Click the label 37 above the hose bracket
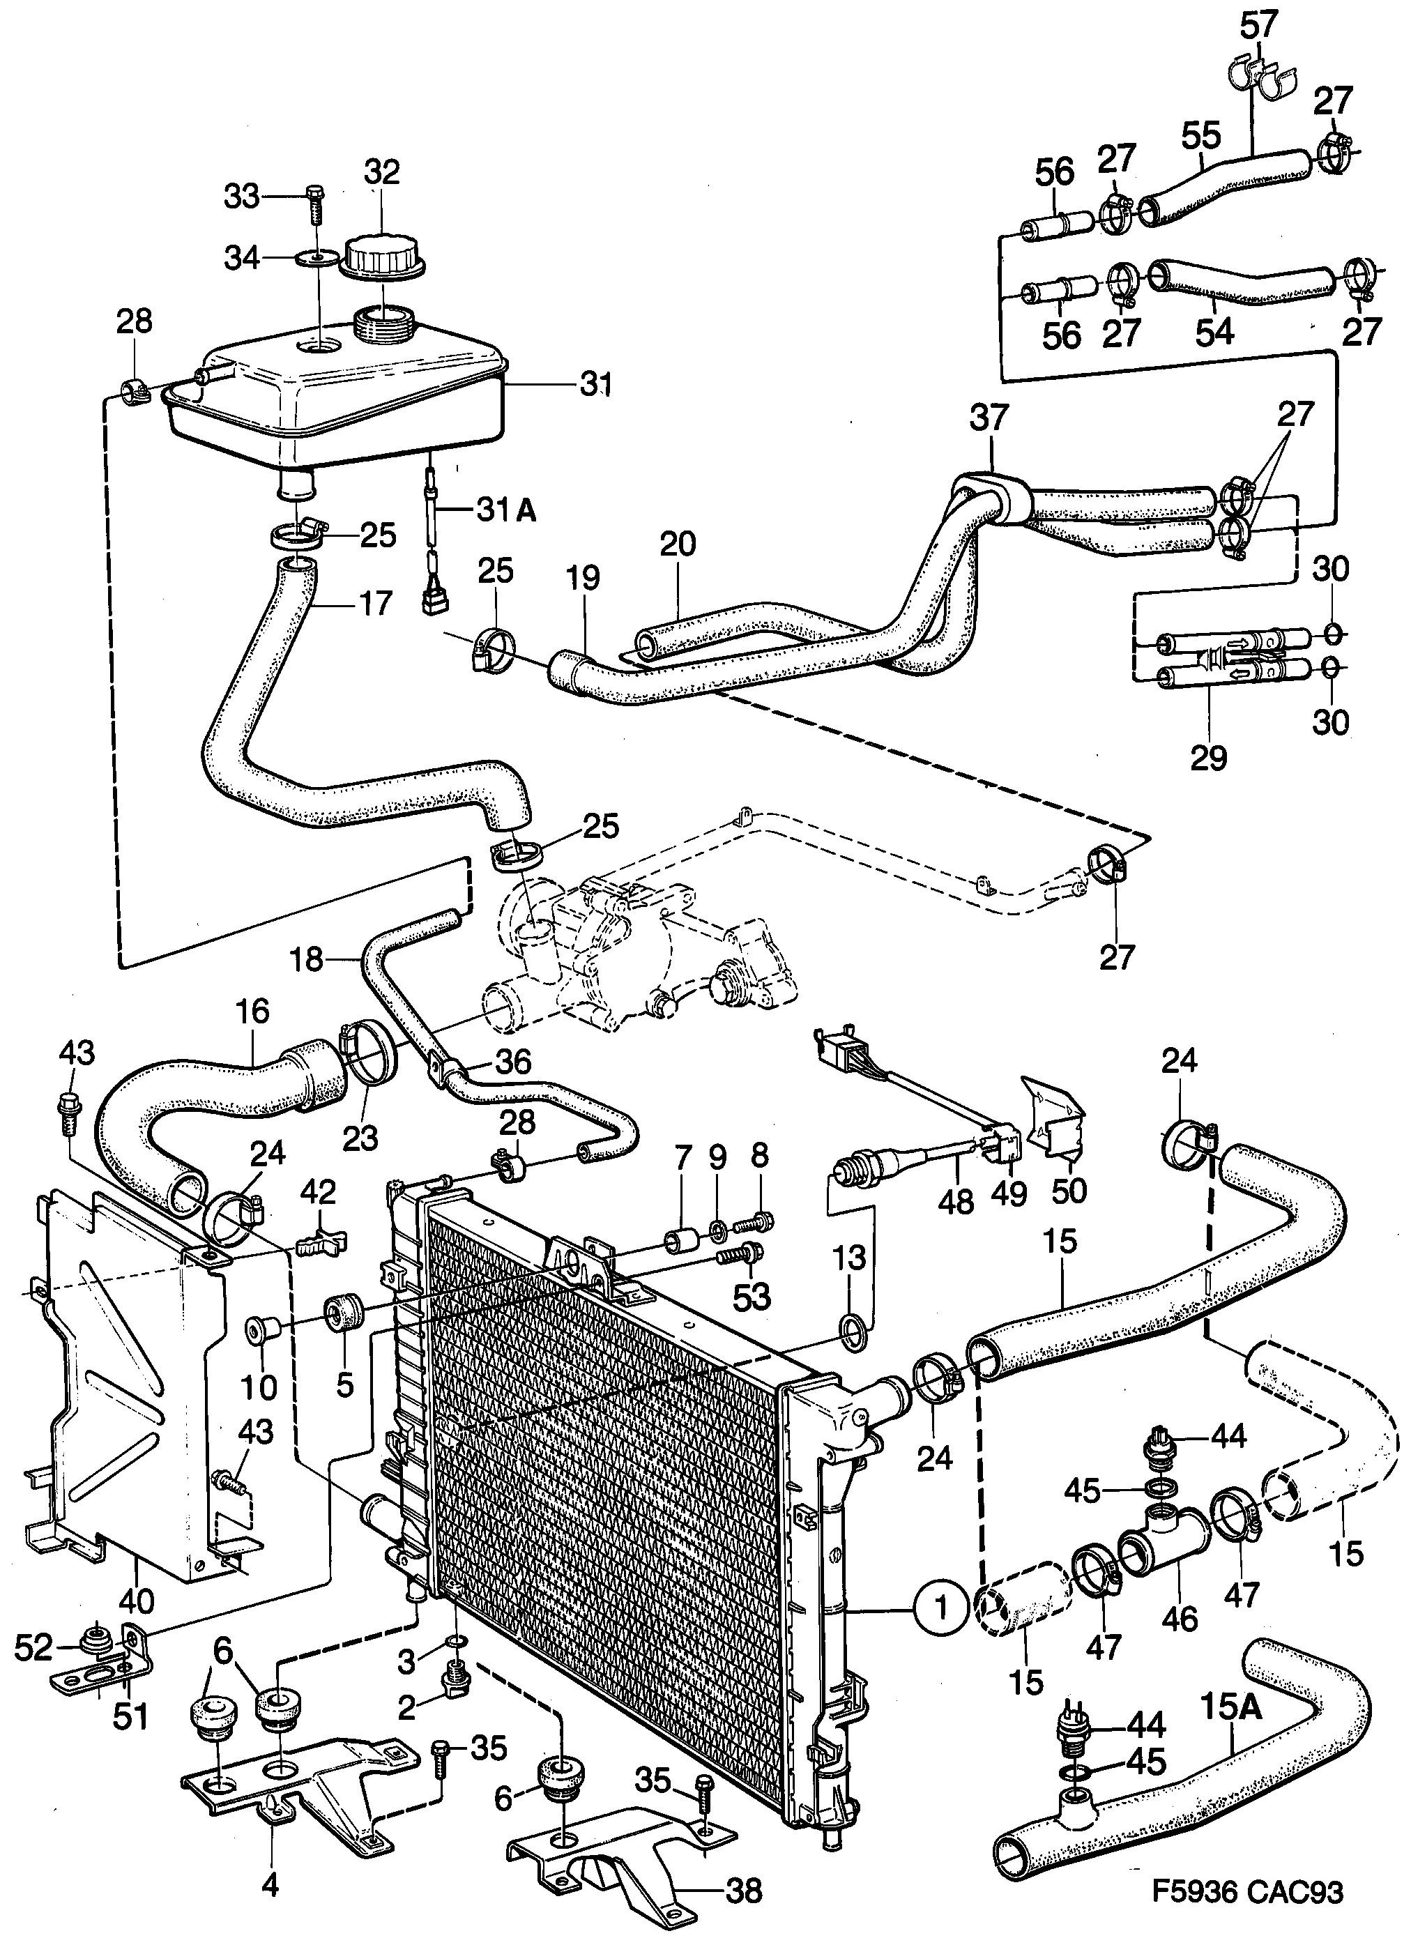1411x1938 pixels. click(991, 419)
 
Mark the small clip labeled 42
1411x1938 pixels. click(319, 1245)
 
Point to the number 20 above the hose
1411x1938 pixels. click(678, 544)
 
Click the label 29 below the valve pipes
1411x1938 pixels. click(1208, 756)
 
